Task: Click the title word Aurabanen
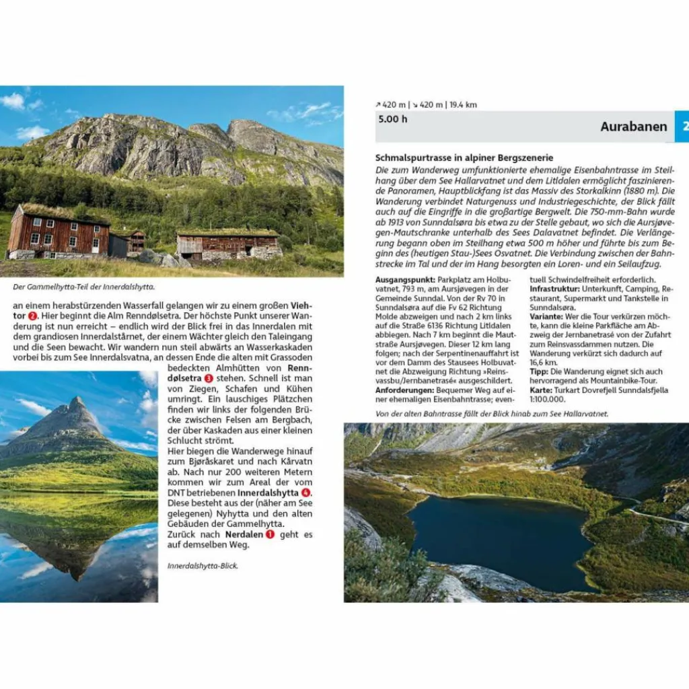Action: [633, 126]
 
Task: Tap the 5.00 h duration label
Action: [393, 119]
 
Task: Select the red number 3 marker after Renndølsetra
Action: [209, 378]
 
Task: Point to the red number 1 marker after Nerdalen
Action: [270, 534]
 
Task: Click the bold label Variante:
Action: [546, 316]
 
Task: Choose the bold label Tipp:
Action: [538, 371]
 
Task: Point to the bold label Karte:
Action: [541, 390]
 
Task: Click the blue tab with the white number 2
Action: [682, 126]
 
